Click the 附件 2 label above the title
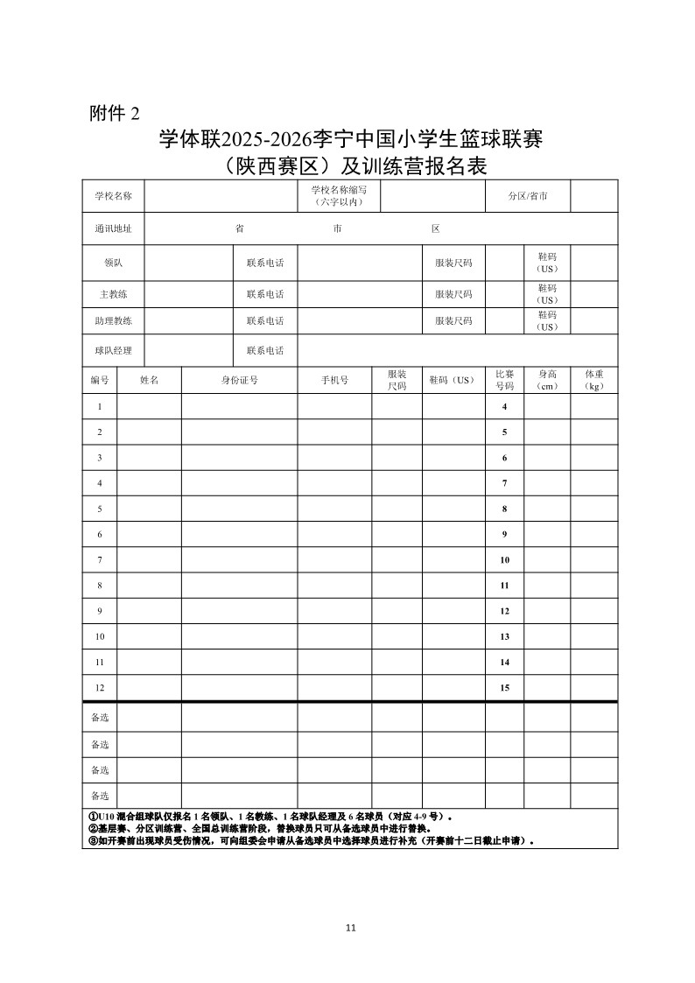(115, 113)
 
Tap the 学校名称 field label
(113, 196)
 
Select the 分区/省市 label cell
(528, 196)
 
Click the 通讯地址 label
(113, 228)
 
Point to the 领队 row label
(113, 263)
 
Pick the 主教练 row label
(113, 294)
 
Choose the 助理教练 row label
(113, 320)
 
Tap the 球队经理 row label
(113, 350)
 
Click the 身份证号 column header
(239, 380)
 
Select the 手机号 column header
(334, 380)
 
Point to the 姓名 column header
(149, 380)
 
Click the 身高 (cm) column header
(547, 380)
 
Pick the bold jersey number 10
(505, 559)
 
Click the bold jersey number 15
(505, 688)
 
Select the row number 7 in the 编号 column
(100, 559)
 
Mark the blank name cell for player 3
(149, 458)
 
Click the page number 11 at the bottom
(351, 928)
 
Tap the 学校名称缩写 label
(338, 196)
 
